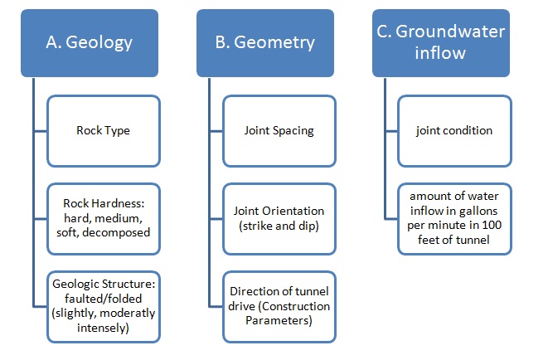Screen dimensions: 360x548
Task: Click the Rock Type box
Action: point(103,130)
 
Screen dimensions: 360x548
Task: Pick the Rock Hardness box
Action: point(103,217)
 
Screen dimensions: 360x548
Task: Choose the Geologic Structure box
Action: point(103,305)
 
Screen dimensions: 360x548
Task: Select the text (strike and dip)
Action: point(278,226)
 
